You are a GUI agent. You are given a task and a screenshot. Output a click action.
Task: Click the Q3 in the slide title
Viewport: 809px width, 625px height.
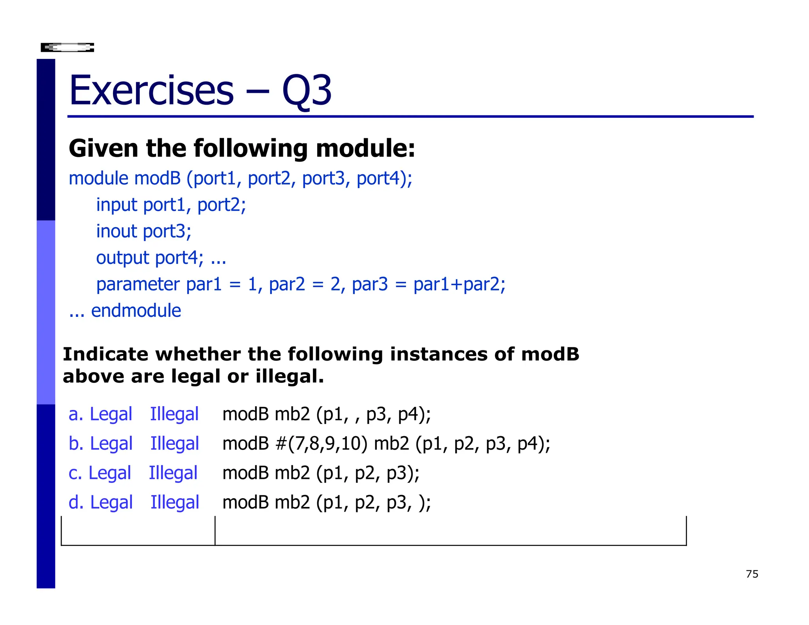307,91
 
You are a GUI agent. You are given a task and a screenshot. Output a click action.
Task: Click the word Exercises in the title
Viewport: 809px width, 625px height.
152,91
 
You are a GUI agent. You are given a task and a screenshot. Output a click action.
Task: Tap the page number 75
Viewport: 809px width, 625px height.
752,574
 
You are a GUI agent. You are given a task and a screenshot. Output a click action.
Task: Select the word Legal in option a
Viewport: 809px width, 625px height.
111,414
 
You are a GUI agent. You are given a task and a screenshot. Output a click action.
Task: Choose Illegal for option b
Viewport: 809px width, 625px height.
175,444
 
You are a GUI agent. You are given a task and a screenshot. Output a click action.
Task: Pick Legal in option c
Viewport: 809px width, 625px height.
109,473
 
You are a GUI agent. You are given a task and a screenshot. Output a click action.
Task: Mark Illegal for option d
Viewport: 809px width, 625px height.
175,503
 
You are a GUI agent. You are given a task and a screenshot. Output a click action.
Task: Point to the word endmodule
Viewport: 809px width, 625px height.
136,311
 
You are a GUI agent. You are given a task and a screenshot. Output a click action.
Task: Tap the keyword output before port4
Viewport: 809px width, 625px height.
123,258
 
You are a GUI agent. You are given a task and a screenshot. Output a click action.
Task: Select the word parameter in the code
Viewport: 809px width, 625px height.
138,284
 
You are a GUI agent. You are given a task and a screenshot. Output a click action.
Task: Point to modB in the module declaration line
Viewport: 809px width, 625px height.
157,178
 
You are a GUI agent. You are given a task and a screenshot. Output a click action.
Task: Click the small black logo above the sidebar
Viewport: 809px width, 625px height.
68,48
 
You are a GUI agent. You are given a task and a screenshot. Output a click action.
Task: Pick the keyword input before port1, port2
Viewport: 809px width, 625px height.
117,205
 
